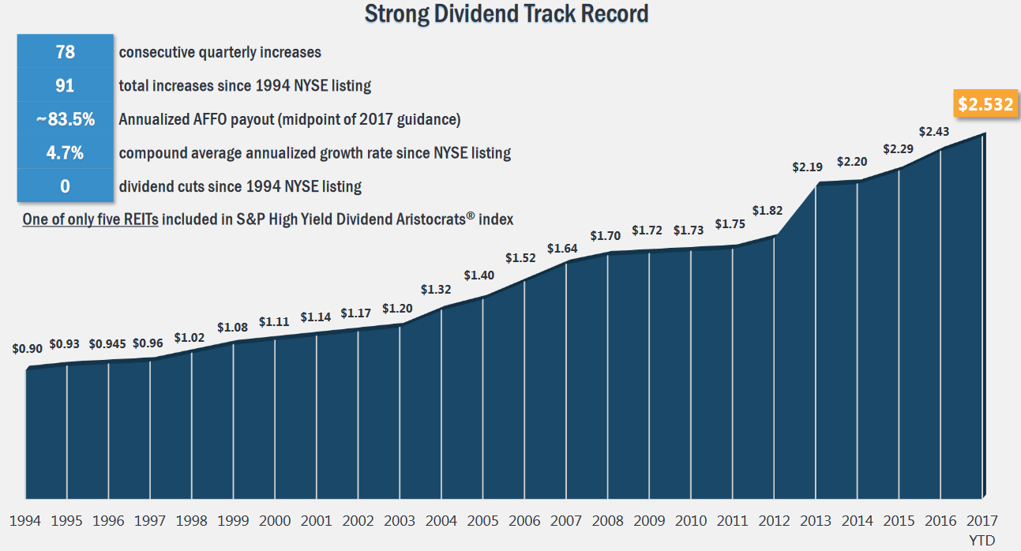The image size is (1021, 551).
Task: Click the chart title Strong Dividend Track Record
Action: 506,13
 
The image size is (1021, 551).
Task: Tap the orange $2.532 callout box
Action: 985,104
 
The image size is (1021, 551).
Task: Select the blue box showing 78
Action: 65,52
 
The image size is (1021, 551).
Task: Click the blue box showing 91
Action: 65,85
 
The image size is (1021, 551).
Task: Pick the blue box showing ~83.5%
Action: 65,119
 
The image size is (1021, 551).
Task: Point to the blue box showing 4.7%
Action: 65,152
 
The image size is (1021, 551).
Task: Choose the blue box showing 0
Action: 65,186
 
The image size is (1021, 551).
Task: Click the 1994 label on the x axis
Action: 25,521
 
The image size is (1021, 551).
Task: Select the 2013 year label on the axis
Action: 815,521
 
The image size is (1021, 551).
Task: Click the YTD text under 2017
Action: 982,540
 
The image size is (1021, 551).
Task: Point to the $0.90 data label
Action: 27,348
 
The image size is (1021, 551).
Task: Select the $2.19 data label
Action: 808,167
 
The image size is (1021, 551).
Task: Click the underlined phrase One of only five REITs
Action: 91,219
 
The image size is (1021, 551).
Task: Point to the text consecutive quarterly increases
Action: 220,52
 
